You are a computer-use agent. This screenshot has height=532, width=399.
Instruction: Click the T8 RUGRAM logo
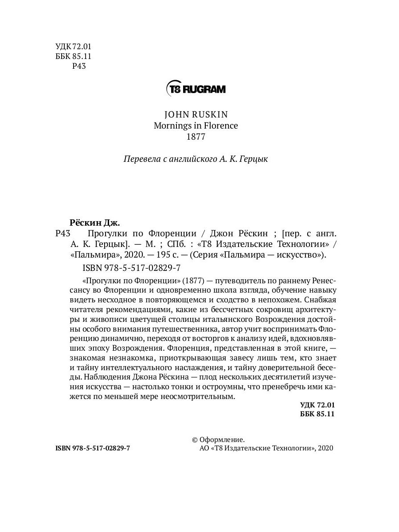196,89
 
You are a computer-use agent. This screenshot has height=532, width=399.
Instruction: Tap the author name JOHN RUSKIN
196,114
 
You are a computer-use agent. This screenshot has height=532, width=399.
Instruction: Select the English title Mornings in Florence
196,125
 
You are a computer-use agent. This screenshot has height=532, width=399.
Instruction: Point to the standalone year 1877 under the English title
196,137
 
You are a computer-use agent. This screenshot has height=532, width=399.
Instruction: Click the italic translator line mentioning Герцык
196,159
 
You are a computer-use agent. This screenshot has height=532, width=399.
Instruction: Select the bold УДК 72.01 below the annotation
317,405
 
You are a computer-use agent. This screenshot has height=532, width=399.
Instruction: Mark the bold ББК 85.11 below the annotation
317,414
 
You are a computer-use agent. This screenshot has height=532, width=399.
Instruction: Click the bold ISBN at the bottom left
93,448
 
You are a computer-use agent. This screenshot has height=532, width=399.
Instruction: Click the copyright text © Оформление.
218,439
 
